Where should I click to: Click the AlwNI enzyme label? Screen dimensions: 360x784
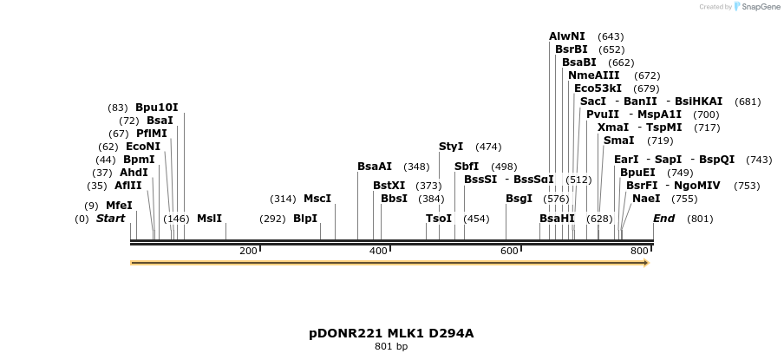coord(567,36)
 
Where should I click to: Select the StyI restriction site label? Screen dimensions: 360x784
coord(451,147)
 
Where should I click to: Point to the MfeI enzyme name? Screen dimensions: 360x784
coord(119,206)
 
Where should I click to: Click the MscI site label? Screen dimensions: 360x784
coord(317,199)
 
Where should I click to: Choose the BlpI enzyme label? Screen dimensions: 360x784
coord(305,219)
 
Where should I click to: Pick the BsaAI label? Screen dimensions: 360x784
coord(375,167)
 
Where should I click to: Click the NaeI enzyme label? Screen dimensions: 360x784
coord(646,199)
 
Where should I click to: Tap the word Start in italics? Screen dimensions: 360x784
coord(110,219)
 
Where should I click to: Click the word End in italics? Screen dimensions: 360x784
coord(663,219)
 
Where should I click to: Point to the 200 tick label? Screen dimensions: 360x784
coord(248,251)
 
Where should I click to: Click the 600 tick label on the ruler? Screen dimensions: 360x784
coord(509,251)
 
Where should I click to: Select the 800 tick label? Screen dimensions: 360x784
coord(639,251)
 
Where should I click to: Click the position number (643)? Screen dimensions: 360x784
coord(611,36)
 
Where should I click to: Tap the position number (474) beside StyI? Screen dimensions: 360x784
coord(488,147)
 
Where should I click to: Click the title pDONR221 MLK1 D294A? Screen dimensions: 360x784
coord(391,333)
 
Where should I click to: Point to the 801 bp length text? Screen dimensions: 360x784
coord(391,347)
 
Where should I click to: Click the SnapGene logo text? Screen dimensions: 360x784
coord(761,7)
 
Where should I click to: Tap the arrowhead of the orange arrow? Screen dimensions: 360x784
coord(646,262)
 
